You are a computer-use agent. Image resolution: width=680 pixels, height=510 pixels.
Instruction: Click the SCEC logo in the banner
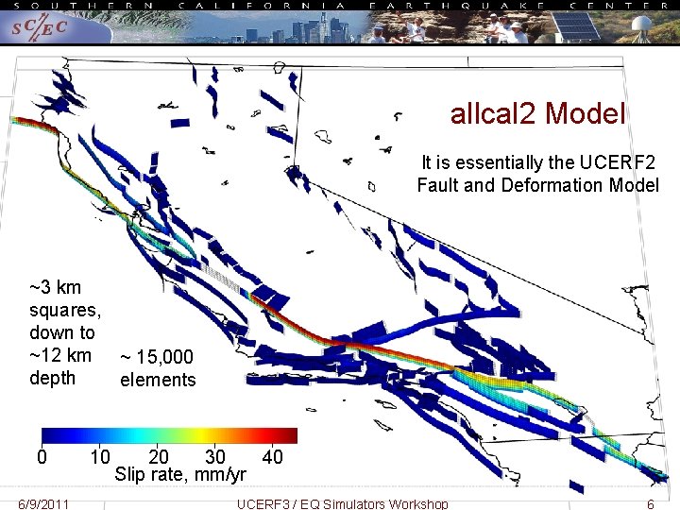tap(39, 28)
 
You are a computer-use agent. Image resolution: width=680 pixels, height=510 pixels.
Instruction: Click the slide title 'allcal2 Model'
tap(538, 114)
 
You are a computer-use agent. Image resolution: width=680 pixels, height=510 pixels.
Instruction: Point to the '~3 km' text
tap(56, 287)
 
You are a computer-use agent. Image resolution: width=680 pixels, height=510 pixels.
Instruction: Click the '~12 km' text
tap(60, 355)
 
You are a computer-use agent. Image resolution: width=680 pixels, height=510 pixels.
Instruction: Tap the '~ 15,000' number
tap(157, 357)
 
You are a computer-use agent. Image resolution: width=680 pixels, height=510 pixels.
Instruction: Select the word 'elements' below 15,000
tap(158, 380)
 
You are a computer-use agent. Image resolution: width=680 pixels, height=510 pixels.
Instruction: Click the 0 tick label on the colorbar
tap(42, 457)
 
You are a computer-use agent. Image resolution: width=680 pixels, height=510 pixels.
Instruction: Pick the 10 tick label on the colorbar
tap(100, 457)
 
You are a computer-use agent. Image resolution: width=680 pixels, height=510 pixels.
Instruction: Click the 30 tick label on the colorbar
tap(215, 457)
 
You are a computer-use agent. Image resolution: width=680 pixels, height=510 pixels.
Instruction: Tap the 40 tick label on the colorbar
tap(272, 457)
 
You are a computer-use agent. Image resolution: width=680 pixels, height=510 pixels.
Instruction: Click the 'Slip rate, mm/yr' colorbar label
tap(180, 474)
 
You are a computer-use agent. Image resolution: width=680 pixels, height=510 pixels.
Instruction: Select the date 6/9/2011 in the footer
tap(43, 503)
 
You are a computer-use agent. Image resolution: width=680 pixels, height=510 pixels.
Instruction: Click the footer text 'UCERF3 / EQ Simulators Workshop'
tap(343, 503)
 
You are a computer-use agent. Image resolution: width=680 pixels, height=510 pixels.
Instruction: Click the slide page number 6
tap(650, 503)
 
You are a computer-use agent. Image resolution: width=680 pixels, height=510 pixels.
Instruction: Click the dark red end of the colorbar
tap(291, 435)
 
